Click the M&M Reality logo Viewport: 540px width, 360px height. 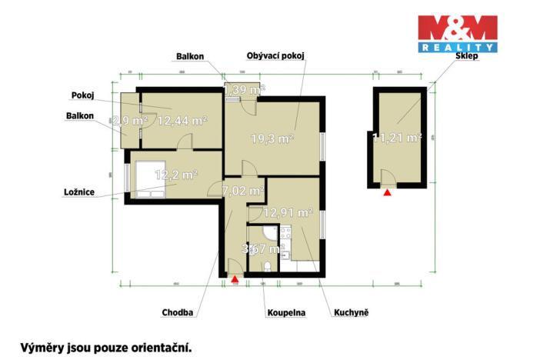pos(457,34)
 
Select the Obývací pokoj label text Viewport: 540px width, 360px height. pos(275,56)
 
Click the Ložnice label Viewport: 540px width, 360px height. pos(80,192)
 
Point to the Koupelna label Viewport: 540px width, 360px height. pos(286,313)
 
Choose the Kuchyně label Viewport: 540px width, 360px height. pos(352,313)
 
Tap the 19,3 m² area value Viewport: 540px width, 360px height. pos(272,139)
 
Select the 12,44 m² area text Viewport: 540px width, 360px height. pos(182,121)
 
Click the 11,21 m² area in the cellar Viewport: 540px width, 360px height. pos(397,138)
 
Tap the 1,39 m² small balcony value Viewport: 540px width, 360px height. pos(244,91)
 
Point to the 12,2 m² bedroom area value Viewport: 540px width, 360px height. pos(177,175)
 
